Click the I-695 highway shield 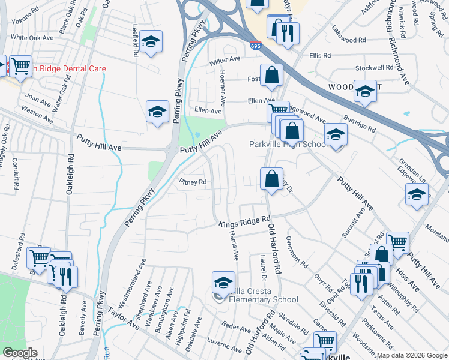[254, 45]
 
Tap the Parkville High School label [288, 145]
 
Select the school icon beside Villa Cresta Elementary [223, 282]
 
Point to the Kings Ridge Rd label [245, 223]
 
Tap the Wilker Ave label [224, 60]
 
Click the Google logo [20, 353]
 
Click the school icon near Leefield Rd [151, 42]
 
